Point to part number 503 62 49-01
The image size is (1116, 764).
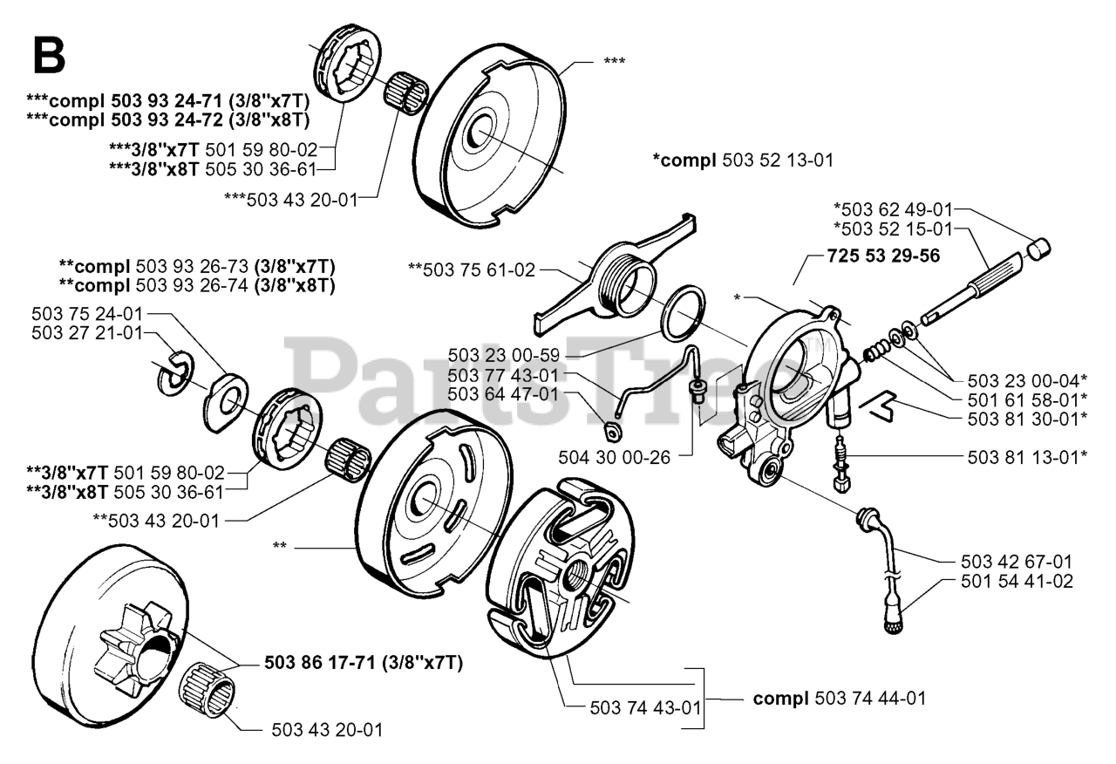[892, 208]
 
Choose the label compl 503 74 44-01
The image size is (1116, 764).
[839, 698]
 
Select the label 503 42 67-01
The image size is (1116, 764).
[1016, 562]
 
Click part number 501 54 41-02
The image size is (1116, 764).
[1016, 581]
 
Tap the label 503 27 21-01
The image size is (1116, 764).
[87, 332]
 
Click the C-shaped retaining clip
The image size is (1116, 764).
[174, 372]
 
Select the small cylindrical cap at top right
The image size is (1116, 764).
[1038, 249]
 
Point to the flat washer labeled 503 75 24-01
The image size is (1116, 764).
[223, 401]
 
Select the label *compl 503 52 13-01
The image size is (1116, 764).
[743, 160]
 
